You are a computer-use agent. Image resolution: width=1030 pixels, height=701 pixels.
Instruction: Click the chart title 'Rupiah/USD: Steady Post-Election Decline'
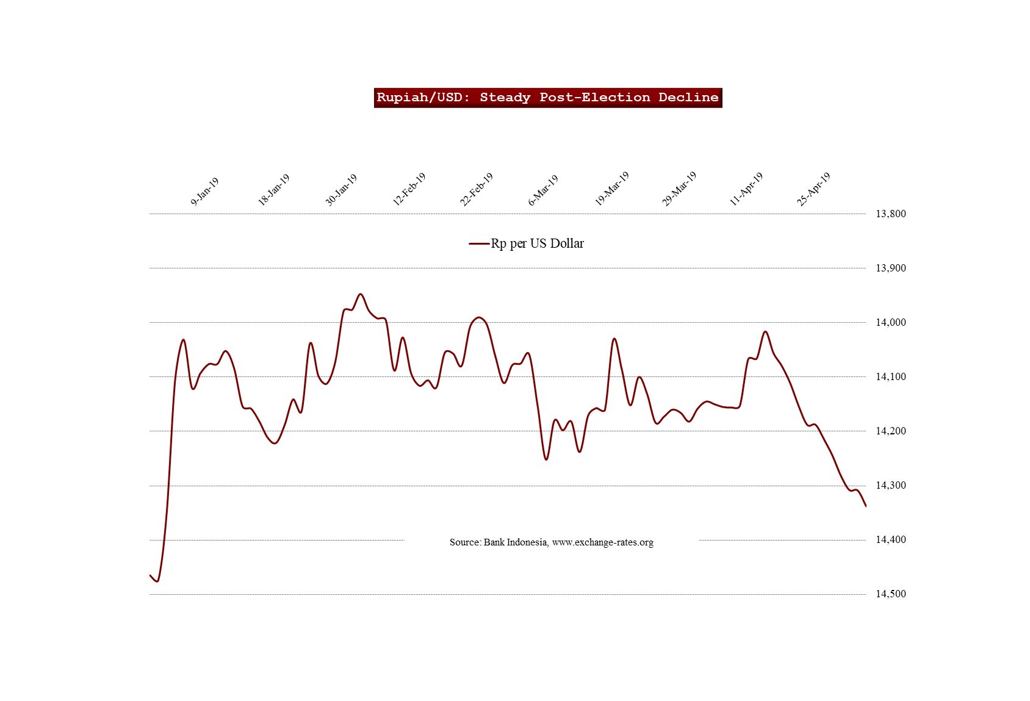point(547,98)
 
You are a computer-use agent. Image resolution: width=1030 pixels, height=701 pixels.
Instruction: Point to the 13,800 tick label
point(890,214)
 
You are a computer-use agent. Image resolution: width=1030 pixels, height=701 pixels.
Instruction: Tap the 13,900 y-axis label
point(890,268)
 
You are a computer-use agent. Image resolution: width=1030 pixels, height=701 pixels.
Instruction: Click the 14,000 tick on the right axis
point(890,322)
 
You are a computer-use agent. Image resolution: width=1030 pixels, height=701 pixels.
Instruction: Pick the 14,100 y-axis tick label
point(890,376)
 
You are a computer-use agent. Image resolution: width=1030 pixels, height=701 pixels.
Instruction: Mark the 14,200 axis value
point(890,431)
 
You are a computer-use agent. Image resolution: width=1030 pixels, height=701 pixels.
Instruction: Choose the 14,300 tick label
point(890,486)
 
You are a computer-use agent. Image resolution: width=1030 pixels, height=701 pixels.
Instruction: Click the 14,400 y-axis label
point(890,540)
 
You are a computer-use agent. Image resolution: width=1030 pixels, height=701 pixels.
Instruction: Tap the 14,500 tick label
point(890,594)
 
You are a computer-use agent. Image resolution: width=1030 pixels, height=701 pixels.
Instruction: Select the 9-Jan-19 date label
point(205,192)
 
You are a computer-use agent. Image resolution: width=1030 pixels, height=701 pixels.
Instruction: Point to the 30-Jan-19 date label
point(341,190)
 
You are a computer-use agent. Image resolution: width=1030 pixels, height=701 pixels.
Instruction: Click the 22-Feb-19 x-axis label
point(477,190)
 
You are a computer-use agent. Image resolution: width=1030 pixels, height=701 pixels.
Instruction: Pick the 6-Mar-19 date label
point(543,190)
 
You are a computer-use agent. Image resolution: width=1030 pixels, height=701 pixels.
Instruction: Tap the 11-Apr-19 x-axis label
point(747,189)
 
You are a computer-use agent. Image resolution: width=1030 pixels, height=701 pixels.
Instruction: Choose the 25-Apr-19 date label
point(814,189)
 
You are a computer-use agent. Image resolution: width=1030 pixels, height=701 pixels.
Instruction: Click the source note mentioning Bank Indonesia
point(551,542)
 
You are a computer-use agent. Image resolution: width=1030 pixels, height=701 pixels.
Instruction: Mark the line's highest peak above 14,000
point(361,294)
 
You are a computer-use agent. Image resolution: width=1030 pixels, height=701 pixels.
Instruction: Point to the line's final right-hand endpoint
point(866,506)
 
